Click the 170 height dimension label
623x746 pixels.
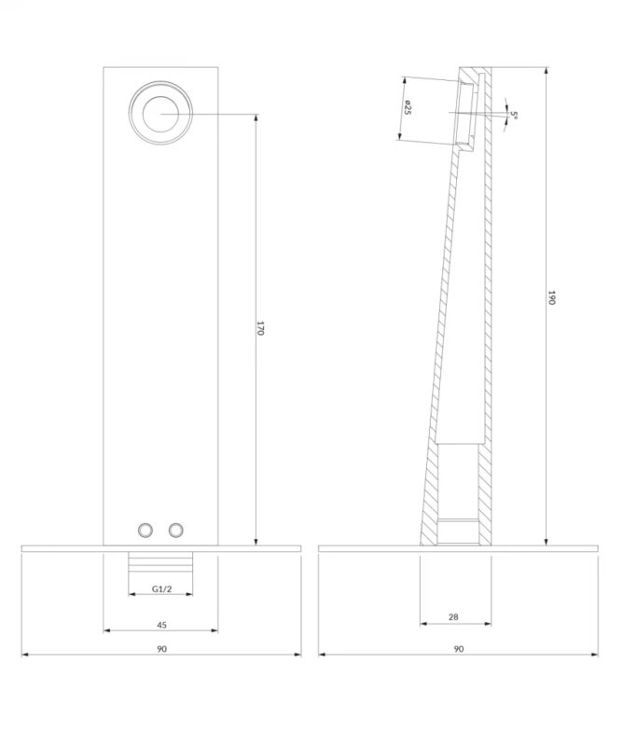pos(260,328)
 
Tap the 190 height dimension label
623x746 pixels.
pos(551,297)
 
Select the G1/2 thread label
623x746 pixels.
pos(162,589)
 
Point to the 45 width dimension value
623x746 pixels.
pos(162,625)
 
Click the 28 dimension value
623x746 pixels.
pos(453,617)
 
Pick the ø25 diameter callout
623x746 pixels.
pos(408,107)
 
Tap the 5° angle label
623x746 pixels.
pos(514,115)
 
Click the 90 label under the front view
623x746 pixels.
pos(162,649)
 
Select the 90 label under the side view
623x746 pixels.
pos(458,649)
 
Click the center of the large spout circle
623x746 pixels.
pos(160,113)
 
